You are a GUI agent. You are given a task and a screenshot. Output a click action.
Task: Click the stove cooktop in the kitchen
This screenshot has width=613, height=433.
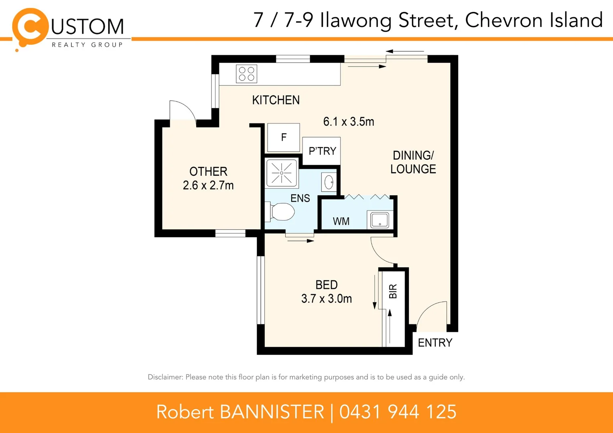(x=246, y=74)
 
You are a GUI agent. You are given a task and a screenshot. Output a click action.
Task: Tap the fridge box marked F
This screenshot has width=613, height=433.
(x=284, y=138)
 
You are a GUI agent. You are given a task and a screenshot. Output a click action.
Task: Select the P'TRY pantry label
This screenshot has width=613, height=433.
(x=322, y=151)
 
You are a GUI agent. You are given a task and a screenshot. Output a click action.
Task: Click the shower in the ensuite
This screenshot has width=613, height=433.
(x=282, y=173)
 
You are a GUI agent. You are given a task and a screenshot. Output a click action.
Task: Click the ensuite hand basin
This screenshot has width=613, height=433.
(x=329, y=182)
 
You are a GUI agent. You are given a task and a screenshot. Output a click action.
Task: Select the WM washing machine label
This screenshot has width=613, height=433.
(x=341, y=221)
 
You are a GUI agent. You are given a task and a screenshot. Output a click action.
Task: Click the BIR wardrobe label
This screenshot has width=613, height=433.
(x=393, y=291)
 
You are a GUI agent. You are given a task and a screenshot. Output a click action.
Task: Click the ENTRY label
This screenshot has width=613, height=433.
(x=435, y=343)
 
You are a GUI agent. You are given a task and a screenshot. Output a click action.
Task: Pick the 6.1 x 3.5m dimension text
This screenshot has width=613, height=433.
(x=349, y=121)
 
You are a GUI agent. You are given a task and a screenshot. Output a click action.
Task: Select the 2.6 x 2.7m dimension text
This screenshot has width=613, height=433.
(x=208, y=185)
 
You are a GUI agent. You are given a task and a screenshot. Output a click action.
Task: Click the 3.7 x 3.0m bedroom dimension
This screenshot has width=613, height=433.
(x=327, y=299)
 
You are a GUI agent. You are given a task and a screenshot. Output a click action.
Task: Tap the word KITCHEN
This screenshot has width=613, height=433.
(x=276, y=100)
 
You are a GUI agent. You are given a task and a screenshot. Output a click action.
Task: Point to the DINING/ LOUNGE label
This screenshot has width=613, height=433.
(x=413, y=162)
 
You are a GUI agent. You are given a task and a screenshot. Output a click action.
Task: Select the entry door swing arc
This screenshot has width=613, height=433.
(x=431, y=315)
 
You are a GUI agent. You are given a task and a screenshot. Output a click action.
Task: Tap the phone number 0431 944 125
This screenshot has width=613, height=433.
(x=398, y=412)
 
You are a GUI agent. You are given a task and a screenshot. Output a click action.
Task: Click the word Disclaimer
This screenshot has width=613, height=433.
(x=165, y=377)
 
